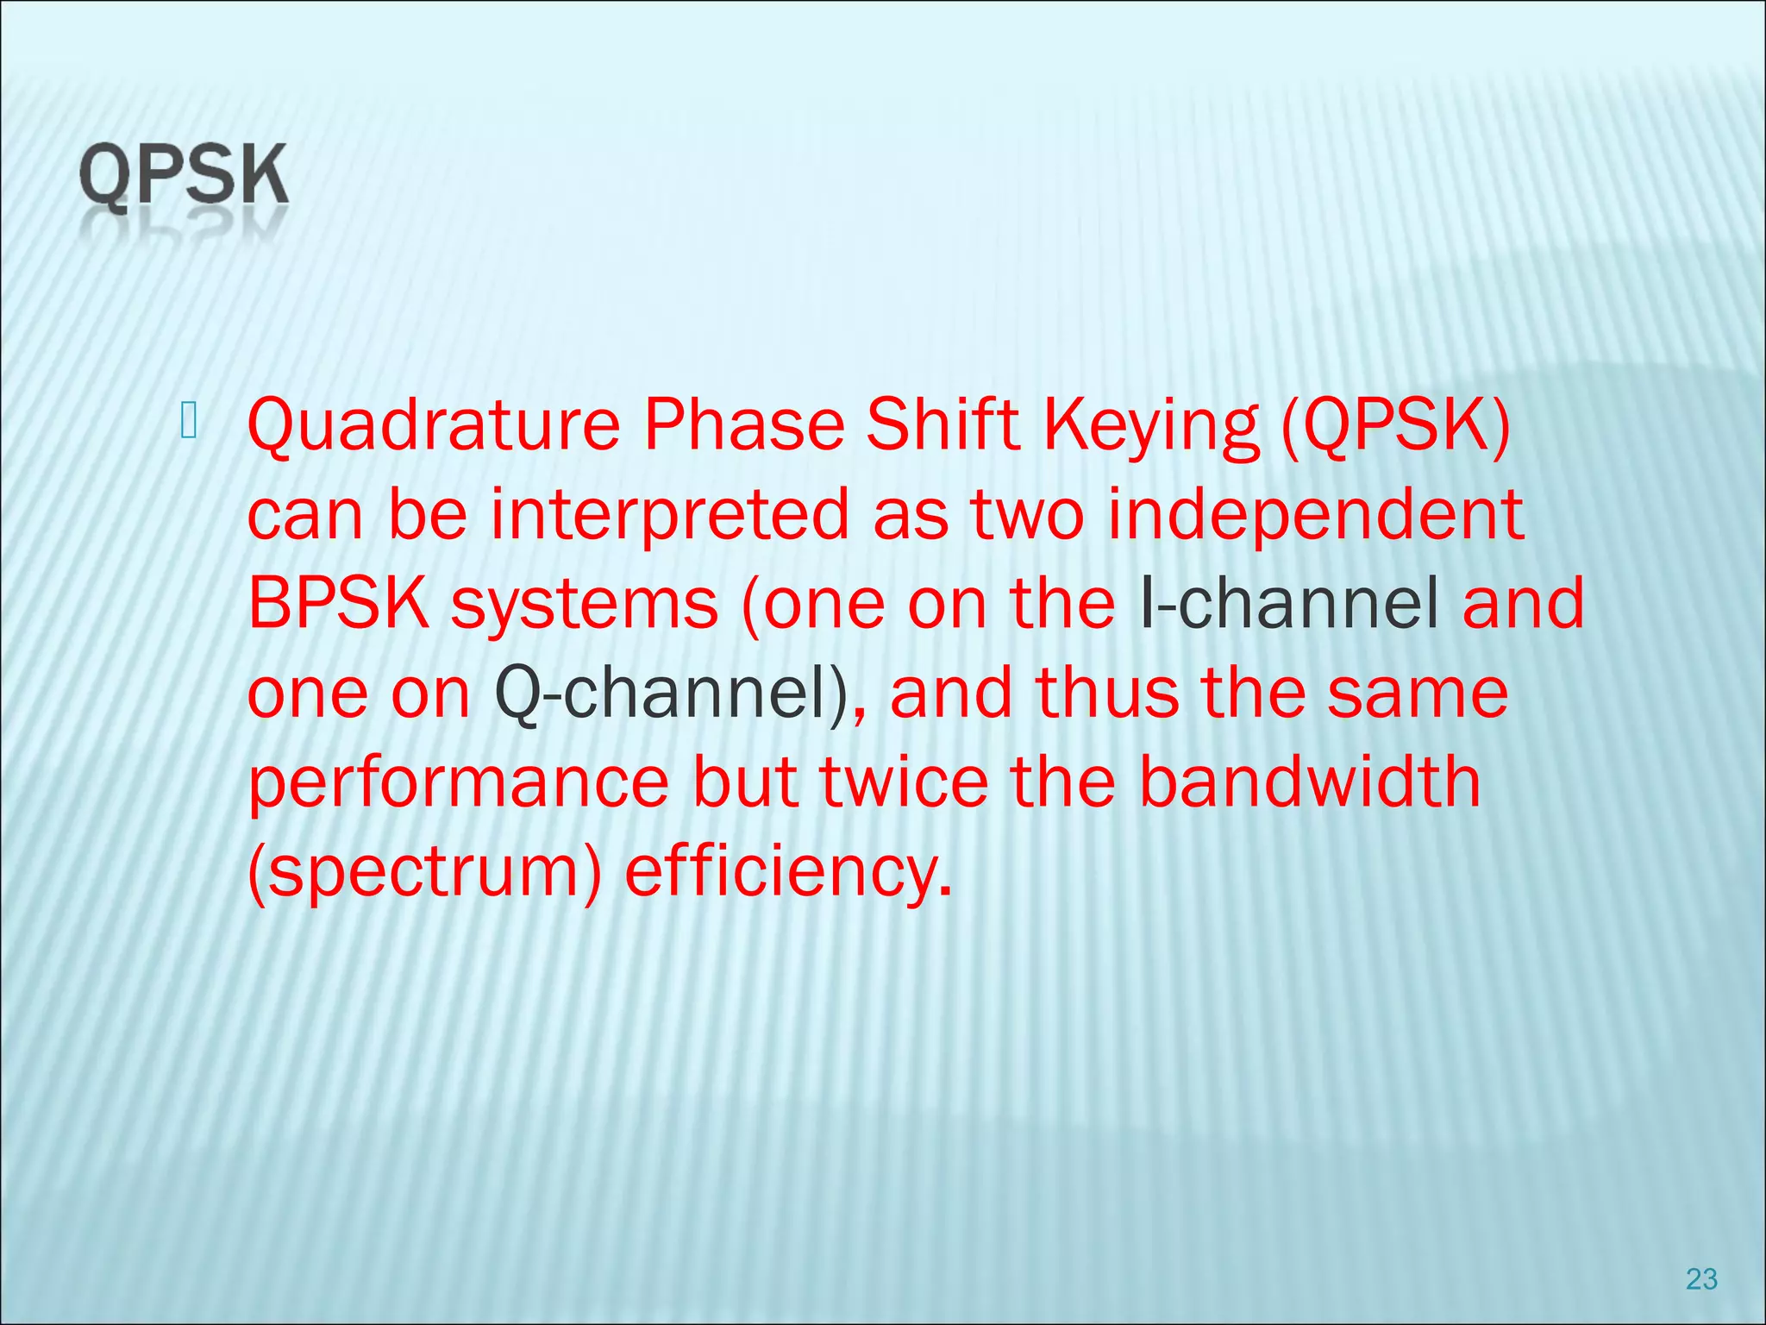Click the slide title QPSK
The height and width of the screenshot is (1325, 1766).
(x=183, y=176)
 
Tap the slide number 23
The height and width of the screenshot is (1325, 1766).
(x=1701, y=1278)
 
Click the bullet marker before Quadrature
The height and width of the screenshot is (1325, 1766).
(x=190, y=420)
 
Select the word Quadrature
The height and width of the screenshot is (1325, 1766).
(x=433, y=425)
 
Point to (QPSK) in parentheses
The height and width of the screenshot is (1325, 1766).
(x=1395, y=425)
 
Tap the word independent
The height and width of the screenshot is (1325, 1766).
(x=1316, y=515)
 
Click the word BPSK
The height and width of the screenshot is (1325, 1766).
(x=338, y=604)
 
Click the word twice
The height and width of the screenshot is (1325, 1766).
(x=904, y=782)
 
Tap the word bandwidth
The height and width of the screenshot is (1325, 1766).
(x=1310, y=782)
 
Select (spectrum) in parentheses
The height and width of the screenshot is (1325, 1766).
(x=424, y=873)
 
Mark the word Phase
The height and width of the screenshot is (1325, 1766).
(x=744, y=425)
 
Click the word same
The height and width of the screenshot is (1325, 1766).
(x=1418, y=694)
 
